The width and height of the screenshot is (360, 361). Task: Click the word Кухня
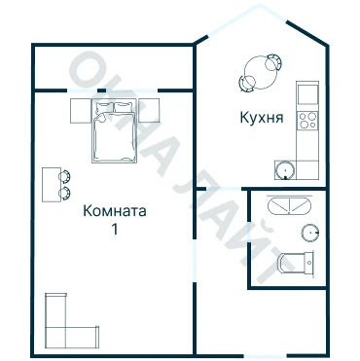262,118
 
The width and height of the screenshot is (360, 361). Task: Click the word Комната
115,211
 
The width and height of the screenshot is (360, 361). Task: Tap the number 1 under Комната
115,230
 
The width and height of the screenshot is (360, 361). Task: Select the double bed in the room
114,131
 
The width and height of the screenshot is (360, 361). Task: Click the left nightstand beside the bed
81,111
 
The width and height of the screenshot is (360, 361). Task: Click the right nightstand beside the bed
149,110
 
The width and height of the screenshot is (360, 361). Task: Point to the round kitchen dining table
261,72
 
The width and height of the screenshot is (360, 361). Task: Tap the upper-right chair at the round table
273,62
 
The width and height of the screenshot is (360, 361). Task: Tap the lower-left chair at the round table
247,84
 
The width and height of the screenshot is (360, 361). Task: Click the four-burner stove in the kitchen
307,121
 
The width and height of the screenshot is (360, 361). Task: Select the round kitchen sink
285,169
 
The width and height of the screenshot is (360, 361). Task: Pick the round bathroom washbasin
310,233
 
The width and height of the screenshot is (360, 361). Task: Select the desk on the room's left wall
52,185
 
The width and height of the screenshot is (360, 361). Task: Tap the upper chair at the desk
64,176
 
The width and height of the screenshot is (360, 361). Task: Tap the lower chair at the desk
64,194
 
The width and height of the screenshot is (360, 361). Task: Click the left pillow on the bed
104,107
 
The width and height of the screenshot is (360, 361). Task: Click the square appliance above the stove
307,94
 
